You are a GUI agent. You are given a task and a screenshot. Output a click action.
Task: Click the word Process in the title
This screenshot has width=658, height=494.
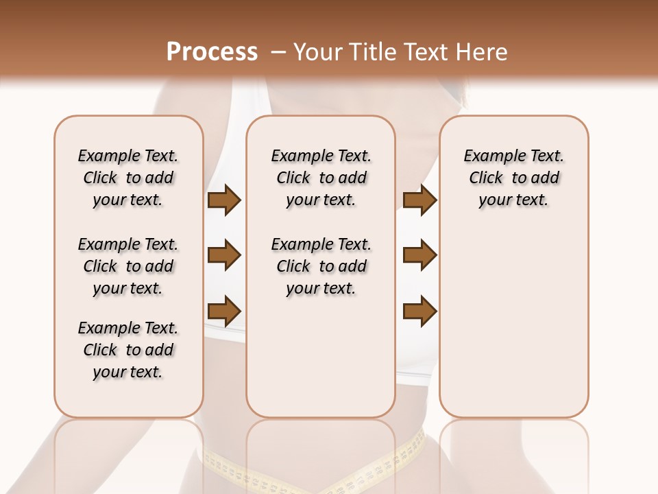pos(212,52)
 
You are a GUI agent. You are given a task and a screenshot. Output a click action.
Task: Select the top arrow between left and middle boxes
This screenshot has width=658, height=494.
pos(224,200)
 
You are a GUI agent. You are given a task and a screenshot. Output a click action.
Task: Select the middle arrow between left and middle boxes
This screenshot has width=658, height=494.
pos(224,256)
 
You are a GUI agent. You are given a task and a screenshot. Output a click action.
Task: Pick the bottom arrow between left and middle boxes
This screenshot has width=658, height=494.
pos(224,311)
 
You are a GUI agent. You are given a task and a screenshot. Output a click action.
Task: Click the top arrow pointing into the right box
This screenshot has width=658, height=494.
pos(419,200)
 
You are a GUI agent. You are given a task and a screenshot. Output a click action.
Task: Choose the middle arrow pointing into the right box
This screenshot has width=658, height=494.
pos(419,256)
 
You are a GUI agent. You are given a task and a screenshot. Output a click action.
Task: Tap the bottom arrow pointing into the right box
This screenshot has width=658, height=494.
pos(419,311)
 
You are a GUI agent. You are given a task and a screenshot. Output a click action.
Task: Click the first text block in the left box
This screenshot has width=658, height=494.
pos(128,178)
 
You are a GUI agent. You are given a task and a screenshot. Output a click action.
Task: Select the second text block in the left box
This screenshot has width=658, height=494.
pos(128,266)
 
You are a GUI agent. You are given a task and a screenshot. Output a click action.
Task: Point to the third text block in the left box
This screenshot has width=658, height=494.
pos(128,350)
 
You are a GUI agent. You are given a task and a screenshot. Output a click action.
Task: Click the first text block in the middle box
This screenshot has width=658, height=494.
pos(321,178)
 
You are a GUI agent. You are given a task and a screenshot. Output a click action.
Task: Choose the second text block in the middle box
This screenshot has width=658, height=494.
pos(321,266)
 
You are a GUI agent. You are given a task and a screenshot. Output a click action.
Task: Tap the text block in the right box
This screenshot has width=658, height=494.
pos(514,178)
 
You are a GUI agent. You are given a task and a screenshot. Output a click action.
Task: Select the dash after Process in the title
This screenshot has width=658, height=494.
pos(278,52)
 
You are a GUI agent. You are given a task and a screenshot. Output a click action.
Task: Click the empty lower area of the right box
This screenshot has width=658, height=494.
pos(514,329)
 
